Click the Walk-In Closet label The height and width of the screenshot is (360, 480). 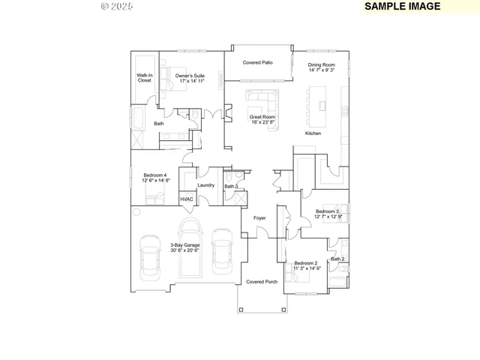point(144,78)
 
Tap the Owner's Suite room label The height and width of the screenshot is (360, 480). point(190,79)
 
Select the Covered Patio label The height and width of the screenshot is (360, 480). point(257,63)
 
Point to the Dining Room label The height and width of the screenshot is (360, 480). point(321,68)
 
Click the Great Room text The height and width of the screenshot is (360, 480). point(262,120)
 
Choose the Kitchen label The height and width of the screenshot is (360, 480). point(313,133)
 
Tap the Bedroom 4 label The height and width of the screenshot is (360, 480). point(156,178)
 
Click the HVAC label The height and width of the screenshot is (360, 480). point(187,199)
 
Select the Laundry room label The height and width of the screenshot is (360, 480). point(205,185)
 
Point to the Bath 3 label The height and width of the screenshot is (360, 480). point(231,186)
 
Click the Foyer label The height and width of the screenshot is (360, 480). point(259,218)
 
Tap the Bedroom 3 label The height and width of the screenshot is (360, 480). point(327,214)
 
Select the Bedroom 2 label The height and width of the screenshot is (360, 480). point(306,265)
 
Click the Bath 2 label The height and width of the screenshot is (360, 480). point(337,259)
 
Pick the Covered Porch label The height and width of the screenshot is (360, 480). point(262,281)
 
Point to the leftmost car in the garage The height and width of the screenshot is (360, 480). point(150,256)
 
